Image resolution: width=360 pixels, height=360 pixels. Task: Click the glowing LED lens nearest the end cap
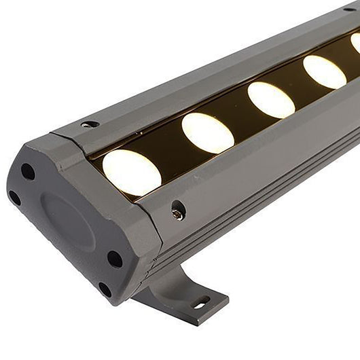(x=132, y=173)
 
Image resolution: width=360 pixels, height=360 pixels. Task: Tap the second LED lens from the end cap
(x=207, y=132)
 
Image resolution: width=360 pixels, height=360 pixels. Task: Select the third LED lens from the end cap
(x=271, y=99)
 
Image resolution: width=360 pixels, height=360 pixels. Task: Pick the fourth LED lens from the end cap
(x=324, y=72)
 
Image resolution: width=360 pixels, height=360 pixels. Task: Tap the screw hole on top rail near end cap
(x=89, y=124)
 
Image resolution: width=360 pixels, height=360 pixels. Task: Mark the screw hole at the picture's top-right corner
(x=352, y=9)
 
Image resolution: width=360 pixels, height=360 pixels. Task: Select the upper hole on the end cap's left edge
(x=28, y=171)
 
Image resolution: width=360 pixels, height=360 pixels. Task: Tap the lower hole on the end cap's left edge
(x=15, y=198)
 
